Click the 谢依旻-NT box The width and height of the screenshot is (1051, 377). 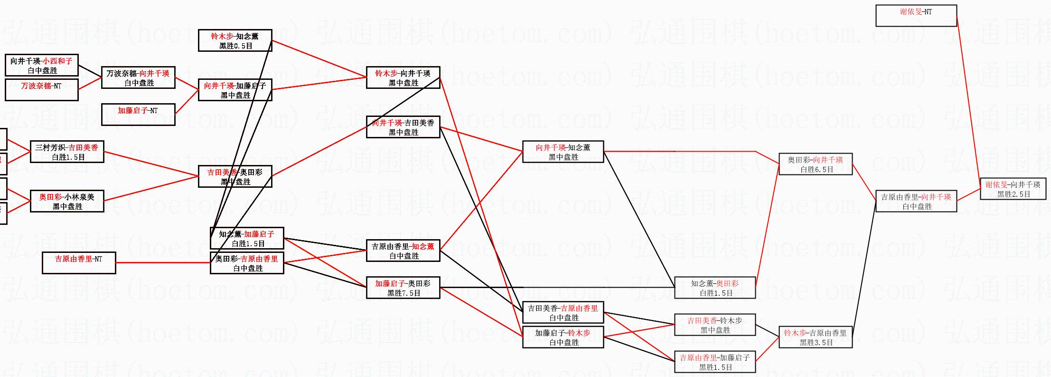[x=916, y=16]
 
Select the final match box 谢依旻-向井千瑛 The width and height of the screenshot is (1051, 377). [x=1013, y=189]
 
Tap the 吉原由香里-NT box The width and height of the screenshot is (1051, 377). [x=79, y=263]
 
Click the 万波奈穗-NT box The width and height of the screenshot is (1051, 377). [x=41, y=90]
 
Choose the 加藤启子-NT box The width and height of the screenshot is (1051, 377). [x=138, y=115]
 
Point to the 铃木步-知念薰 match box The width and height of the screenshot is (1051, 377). [x=235, y=41]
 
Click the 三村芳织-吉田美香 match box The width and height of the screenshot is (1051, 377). [x=67, y=152]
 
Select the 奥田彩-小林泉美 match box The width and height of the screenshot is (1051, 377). [x=67, y=202]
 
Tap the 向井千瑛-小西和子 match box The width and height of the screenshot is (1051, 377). [x=41, y=66]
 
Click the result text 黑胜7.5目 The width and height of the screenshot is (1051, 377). [x=404, y=293]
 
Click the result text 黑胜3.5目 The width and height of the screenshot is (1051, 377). [x=816, y=342]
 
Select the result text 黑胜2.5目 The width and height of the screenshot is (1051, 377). [x=1013, y=194]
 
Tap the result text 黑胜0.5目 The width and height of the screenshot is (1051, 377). [x=235, y=46]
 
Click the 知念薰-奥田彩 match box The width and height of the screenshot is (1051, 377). [x=715, y=288]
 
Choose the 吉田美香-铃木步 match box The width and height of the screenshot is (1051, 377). [x=715, y=325]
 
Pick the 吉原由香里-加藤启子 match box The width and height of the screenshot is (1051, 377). [x=715, y=362]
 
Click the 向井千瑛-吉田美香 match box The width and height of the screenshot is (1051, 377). [x=403, y=127]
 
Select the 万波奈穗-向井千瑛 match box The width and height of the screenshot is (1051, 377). [x=138, y=78]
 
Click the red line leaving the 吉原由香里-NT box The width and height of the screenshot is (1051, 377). [x=161, y=262]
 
